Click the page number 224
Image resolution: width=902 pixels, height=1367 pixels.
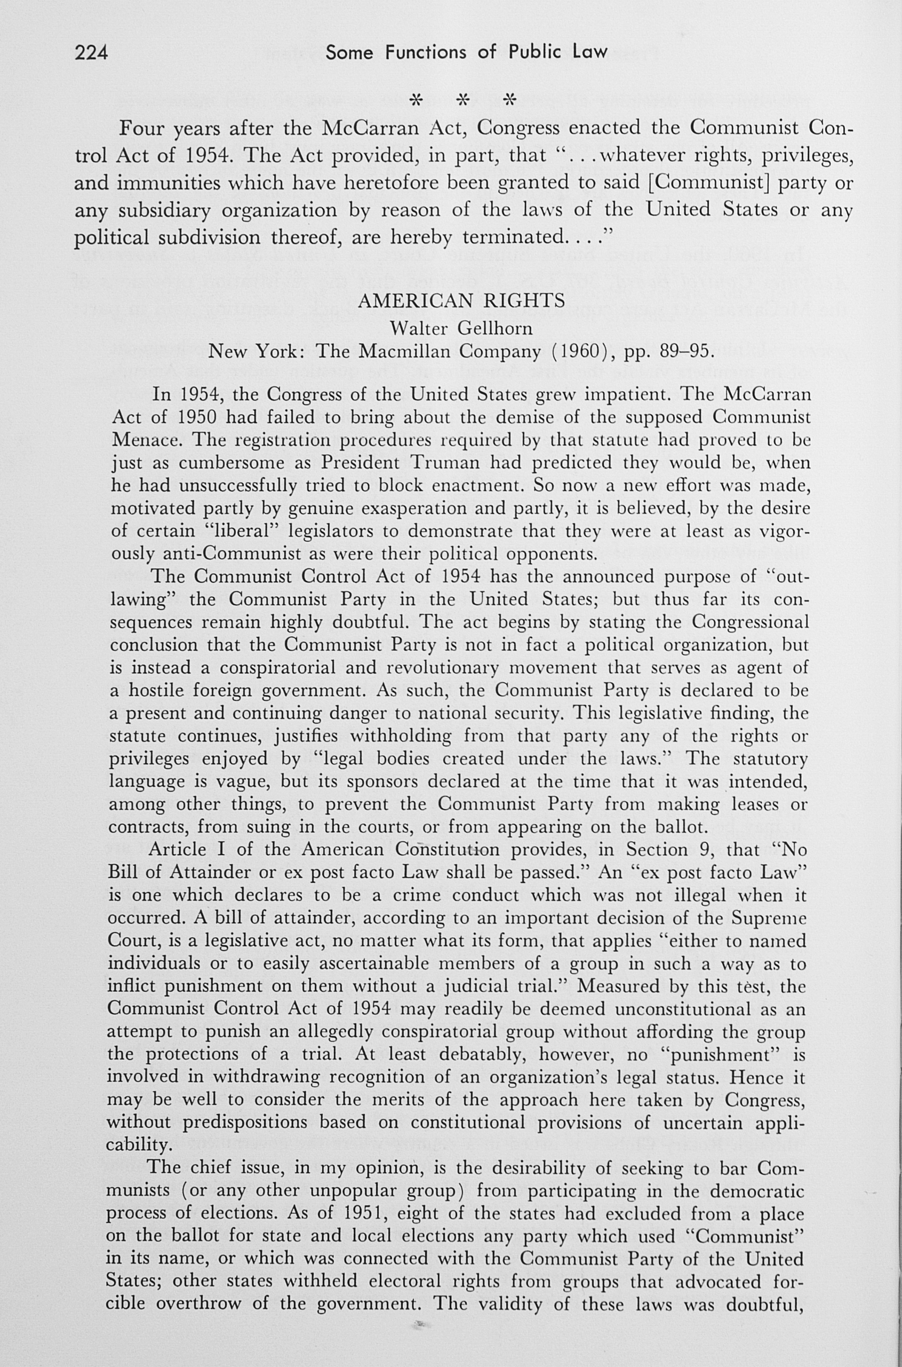91,53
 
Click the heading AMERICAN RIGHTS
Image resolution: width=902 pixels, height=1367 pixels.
461,301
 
